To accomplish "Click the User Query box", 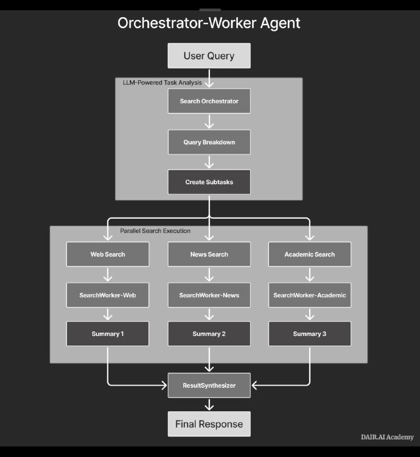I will click(209, 56).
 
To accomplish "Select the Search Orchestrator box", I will click(209, 101).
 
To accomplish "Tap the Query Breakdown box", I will click(209, 142).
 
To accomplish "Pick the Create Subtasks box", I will click(209, 182).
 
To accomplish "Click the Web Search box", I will click(108, 254).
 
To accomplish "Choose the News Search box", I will click(209, 254).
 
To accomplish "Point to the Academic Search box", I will click(310, 254).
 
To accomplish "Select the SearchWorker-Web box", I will click(108, 295).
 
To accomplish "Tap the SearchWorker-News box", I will click(209, 295).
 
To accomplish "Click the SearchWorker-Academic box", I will click(310, 295).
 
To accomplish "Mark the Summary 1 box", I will click(108, 334).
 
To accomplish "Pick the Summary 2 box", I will click(209, 334).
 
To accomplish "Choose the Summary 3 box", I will click(310, 334).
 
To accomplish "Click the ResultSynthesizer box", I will click(209, 386).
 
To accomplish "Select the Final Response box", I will click(209, 424).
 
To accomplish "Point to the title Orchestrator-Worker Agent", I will click(209, 23).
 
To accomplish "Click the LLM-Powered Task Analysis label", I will click(162, 82).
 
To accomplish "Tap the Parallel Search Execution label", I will click(155, 231).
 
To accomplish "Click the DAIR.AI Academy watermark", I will click(387, 437).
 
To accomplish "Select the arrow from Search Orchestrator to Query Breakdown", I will click(209, 121).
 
